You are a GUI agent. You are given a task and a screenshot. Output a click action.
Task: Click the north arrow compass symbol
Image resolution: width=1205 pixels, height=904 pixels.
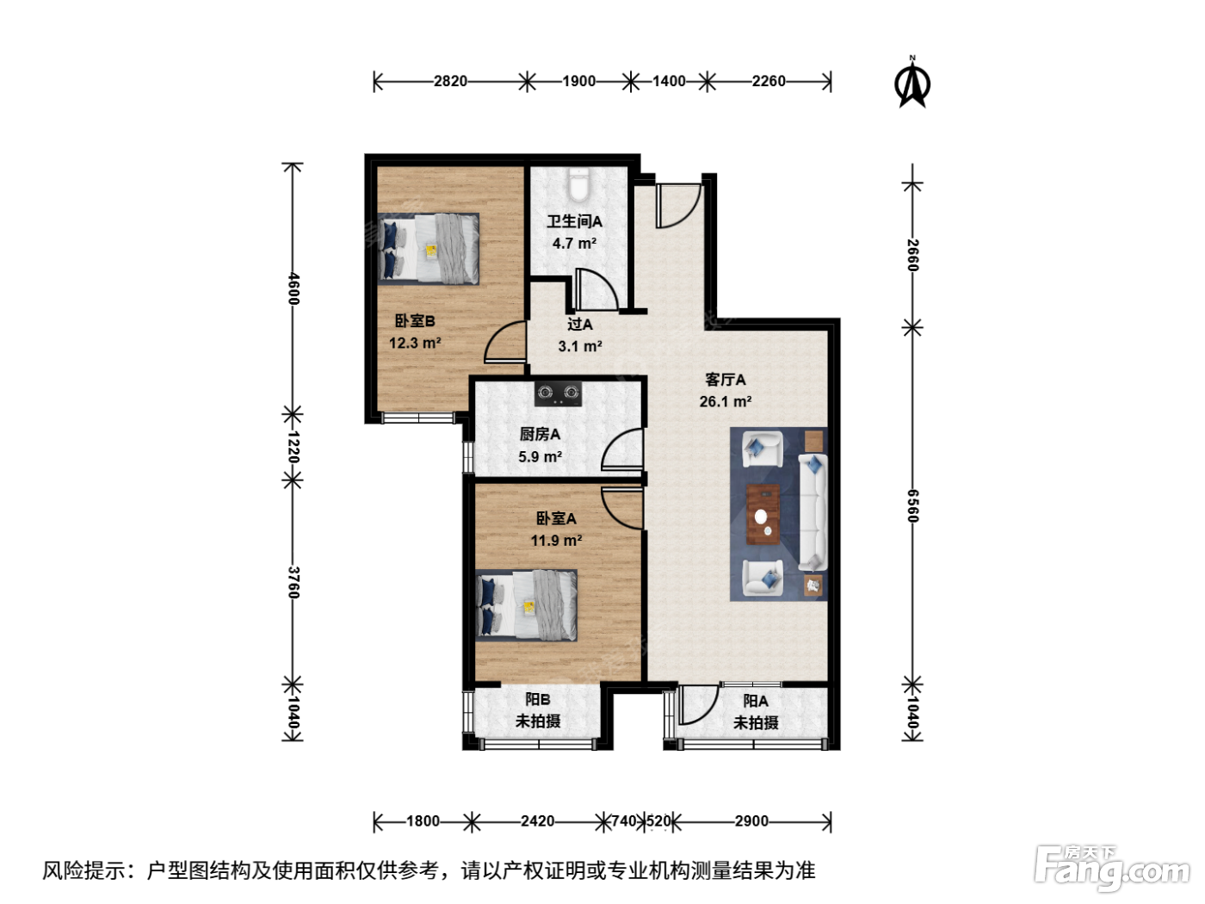pyautogui.click(x=911, y=84)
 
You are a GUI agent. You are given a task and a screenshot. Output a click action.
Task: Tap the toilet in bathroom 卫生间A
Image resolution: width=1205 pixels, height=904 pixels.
pyautogui.click(x=578, y=185)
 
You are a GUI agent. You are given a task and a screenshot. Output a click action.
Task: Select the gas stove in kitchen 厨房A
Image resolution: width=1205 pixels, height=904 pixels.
pyautogui.click(x=559, y=393)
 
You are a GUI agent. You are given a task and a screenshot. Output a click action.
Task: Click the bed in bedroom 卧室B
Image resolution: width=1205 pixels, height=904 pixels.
pyautogui.click(x=428, y=249)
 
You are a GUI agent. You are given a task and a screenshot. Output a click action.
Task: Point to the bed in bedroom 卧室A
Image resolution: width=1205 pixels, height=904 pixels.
pyautogui.click(x=527, y=605)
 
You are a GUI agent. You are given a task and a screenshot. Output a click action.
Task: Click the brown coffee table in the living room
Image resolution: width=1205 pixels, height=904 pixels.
pyautogui.click(x=763, y=515)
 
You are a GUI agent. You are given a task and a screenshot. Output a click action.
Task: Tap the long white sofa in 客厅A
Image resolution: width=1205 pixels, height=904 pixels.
pyautogui.click(x=813, y=511)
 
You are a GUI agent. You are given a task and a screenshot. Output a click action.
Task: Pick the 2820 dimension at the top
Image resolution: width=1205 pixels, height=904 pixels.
pyautogui.click(x=450, y=81)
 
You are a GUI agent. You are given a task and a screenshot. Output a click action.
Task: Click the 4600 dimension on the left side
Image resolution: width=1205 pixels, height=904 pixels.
pyautogui.click(x=294, y=288)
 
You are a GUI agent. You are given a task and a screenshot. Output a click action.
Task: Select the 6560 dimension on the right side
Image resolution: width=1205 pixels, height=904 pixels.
pyautogui.click(x=911, y=506)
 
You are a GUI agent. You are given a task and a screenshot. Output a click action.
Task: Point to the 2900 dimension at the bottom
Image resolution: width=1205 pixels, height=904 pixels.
pyautogui.click(x=751, y=821)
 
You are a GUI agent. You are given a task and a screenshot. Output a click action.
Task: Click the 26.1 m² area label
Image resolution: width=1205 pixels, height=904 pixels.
pyautogui.click(x=726, y=402)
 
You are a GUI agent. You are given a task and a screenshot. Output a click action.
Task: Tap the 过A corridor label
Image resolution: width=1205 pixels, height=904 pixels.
pyautogui.click(x=580, y=325)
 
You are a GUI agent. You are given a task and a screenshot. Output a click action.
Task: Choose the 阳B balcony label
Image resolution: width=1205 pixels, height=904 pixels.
pyautogui.click(x=537, y=699)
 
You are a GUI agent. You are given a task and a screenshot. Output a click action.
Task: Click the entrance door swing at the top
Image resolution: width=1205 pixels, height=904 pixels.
pyautogui.click(x=678, y=206)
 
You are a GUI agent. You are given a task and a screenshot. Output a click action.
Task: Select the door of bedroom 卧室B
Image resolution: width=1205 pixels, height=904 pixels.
pyautogui.click(x=504, y=343)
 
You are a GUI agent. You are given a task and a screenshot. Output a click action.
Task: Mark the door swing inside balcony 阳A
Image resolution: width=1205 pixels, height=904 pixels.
pyautogui.click(x=698, y=705)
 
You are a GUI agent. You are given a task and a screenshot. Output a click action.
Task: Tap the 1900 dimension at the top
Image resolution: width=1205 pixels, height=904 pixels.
pyautogui.click(x=578, y=81)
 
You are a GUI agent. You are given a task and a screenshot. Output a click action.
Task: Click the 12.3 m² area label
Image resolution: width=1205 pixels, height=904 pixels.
pyautogui.click(x=415, y=343)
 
